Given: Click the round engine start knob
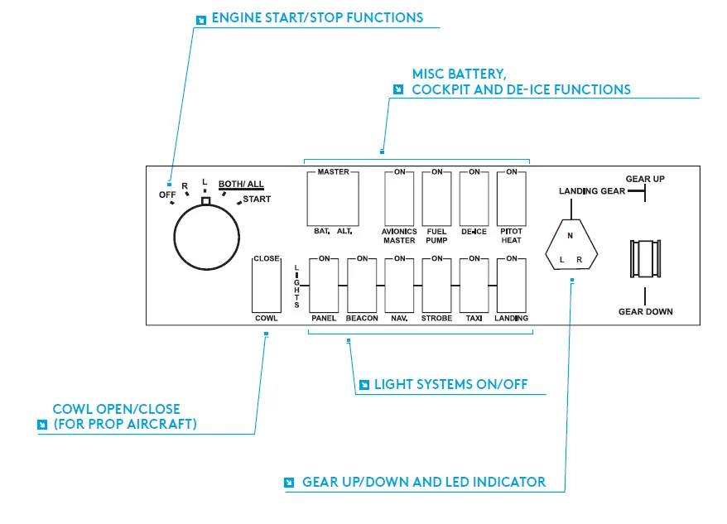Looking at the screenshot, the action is tap(207, 237).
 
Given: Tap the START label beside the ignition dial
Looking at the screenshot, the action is tap(257, 199).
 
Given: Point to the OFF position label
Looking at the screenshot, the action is tap(167, 195).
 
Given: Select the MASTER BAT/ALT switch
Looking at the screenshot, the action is tap(333, 199).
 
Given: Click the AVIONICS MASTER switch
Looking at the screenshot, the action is tap(399, 199).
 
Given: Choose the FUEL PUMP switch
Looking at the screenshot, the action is tap(436, 199).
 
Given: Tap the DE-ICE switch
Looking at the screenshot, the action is tap(474, 199).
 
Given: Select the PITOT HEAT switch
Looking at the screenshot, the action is tap(512, 199).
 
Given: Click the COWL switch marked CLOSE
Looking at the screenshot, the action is tap(267, 286).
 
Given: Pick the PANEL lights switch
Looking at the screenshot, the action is tap(324, 286).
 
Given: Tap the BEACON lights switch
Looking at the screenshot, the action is tap(362, 286).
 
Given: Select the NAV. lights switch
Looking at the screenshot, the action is tap(399, 286).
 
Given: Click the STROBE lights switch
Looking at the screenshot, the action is tap(436, 286).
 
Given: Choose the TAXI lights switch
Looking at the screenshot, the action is tap(474, 286).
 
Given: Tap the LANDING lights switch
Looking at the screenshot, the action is tap(512, 286).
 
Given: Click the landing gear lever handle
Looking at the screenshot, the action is tap(645, 259).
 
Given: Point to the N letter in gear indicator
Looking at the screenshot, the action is tap(571, 236).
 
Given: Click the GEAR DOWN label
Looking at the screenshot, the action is tap(645, 311).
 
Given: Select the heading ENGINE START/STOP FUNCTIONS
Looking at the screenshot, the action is tap(318, 17).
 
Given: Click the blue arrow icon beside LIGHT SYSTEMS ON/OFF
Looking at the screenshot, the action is tap(364, 385).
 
